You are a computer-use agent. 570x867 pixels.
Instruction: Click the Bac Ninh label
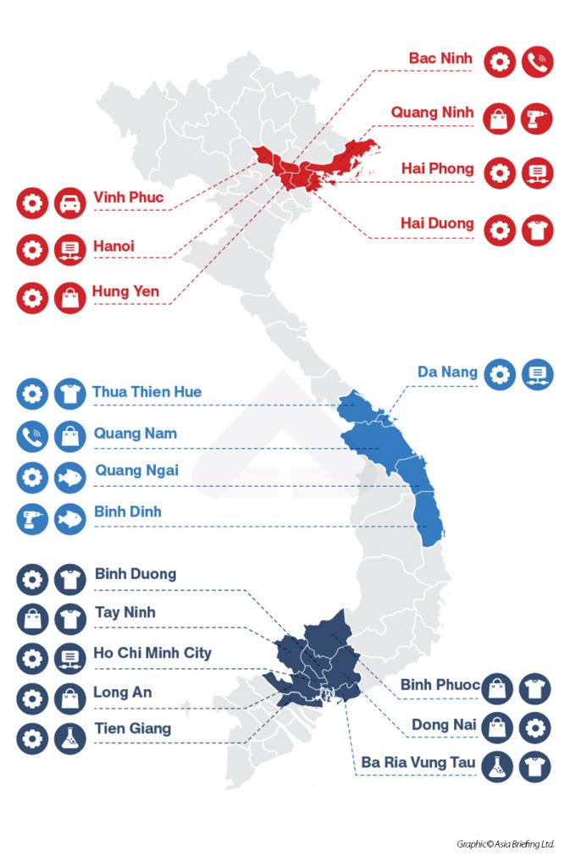pos(440,58)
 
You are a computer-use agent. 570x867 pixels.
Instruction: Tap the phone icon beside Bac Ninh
pos(538,62)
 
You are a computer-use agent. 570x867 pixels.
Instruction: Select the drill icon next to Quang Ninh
pos(538,118)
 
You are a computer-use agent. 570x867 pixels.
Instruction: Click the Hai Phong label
pos(437,168)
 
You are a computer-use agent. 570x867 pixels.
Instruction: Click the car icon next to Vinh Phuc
pos(70,203)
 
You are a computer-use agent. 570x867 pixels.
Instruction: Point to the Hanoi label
pos(113,246)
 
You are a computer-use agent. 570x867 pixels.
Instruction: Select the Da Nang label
pos(447,372)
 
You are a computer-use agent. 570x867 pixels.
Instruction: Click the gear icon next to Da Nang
pos(501,373)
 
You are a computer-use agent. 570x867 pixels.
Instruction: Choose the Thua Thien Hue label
pos(147,392)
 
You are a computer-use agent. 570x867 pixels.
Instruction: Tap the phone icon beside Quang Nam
pos(32,436)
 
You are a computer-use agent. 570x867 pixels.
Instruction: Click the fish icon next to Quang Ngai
pos(70,477)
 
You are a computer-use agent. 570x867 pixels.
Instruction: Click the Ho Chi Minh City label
pos(152,653)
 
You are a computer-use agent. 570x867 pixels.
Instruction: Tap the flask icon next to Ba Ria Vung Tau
pos(497,766)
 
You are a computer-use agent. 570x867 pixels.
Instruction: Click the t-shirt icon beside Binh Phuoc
pos(535,688)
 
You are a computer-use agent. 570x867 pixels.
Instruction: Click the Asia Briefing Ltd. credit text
pos(505,843)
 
